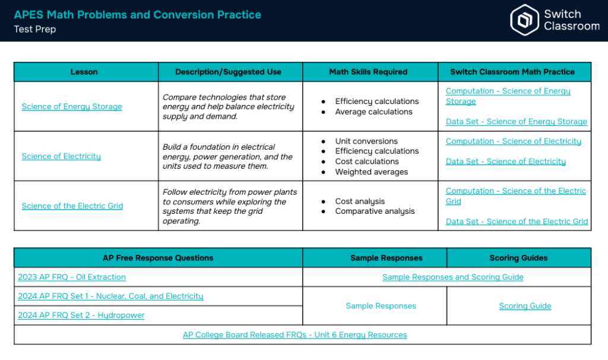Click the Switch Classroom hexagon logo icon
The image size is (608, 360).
click(x=524, y=20)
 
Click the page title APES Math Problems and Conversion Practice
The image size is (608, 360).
click(x=137, y=15)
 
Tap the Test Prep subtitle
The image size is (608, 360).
click(x=35, y=29)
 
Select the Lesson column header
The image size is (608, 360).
click(x=84, y=72)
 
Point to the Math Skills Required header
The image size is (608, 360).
click(x=368, y=72)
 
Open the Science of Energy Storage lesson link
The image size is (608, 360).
click(x=72, y=106)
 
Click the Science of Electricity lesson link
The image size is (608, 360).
click(x=61, y=156)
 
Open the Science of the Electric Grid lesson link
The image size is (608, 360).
click(x=72, y=206)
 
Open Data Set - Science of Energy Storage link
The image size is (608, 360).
click(x=516, y=121)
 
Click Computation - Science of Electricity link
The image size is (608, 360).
click(x=513, y=141)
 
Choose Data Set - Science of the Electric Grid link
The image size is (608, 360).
click(x=517, y=221)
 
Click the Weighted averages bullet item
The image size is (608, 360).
click(x=372, y=172)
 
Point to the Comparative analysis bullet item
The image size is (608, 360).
click(x=375, y=211)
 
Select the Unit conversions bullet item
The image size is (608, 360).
click(x=366, y=141)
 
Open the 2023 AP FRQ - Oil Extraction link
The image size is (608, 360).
click(x=72, y=277)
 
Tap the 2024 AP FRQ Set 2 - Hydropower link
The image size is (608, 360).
click(x=81, y=315)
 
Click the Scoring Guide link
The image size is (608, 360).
click(x=525, y=306)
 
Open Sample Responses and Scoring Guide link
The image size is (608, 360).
click(x=453, y=277)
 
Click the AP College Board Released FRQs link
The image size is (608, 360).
click(x=294, y=334)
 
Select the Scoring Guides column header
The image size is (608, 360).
click(x=518, y=258)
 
